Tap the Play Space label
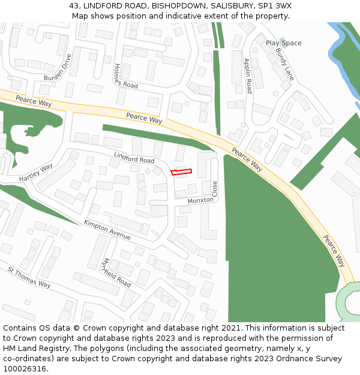[283, 43]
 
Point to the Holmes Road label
[125, 77]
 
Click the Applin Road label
[248, 76]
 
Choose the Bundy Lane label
[284, 64]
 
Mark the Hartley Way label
[36, 172]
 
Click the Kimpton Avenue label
[107, 230]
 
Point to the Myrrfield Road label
[116, 272]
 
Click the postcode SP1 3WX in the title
[275, 5]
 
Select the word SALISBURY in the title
[230, 5]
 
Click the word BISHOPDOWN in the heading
[175, 5]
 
